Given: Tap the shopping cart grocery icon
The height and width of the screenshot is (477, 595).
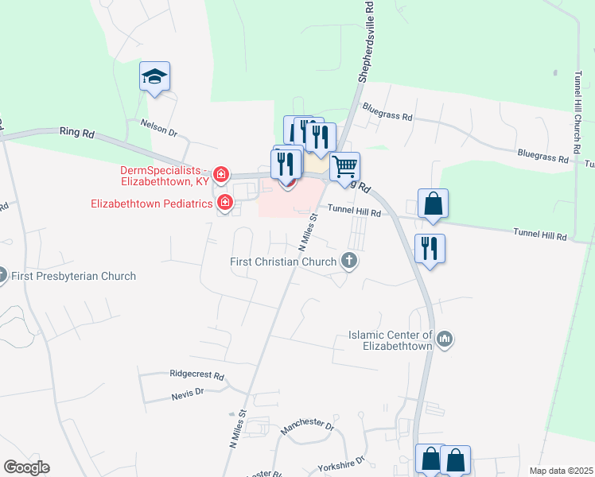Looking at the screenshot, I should (345, 167).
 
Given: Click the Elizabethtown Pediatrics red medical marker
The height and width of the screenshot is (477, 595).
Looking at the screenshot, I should (225, 204).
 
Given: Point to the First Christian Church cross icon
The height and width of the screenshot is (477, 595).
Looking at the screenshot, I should (348, 260).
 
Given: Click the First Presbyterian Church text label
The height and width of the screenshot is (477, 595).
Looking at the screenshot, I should (73, 277).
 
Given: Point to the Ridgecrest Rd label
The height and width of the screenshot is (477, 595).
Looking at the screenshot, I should (196, 374).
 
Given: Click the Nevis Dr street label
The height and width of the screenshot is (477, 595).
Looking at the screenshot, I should (188, 392).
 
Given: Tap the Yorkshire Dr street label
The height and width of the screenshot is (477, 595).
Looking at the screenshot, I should (337, 463).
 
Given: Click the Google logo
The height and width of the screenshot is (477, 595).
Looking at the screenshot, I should (26, 467).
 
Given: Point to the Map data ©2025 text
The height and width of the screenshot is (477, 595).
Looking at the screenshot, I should (561, 471).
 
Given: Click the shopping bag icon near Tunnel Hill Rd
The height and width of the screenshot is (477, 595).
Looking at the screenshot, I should (432, 204).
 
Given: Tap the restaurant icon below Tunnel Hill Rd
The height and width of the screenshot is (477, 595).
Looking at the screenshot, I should (430, 249).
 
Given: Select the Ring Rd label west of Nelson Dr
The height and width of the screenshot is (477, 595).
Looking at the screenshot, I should (76, 133).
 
